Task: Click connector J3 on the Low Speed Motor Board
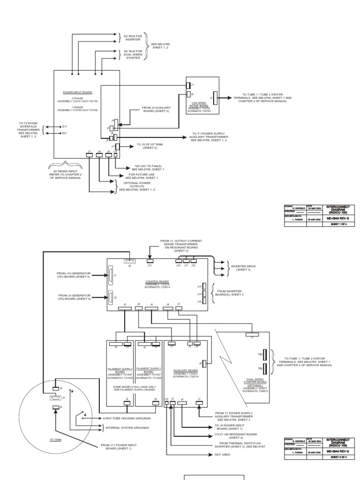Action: [x=215, y=98]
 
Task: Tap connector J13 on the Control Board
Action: [x=150, y=260]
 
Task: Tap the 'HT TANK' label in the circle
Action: [x=55, y=440]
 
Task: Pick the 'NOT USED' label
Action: [x=222, y=455]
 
